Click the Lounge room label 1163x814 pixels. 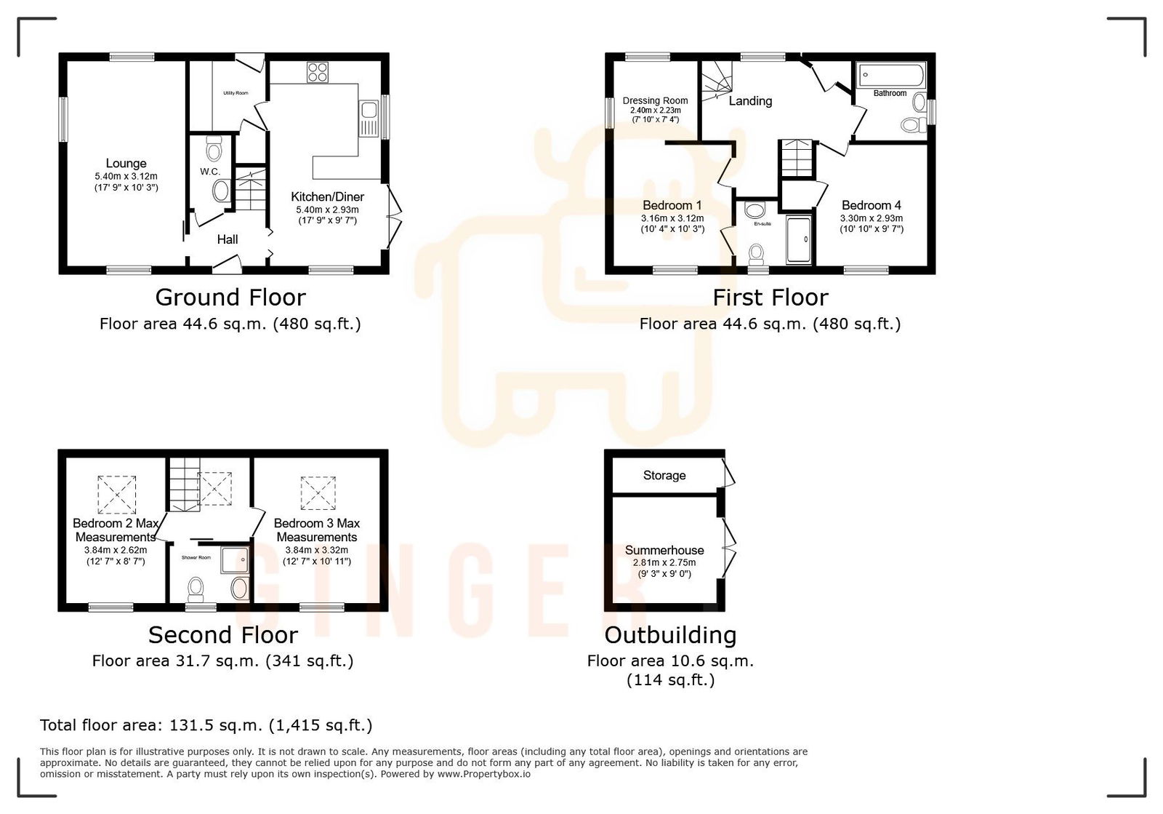(x=126, y=164)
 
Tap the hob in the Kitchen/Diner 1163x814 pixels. (x=318, y=72)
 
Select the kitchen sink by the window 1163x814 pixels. (x=369, y=111)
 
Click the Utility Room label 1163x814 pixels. (x=236, y=93)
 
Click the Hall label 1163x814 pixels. (x=228, y=239)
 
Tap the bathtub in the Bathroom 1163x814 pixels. (x=890, y=75)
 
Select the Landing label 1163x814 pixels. (x=750, y=101)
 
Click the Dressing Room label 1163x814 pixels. (x=655, y=101)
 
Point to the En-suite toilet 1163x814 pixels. (x=757, y=254)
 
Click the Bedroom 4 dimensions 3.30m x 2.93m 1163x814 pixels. (x=872, y=218)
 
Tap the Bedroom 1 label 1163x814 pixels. (x=672, y=205)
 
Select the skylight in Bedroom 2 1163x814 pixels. (x=116, y=495)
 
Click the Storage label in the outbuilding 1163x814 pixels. (x=664, y=475)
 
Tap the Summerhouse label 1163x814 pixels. (x=664, y=550)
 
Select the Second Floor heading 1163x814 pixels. (x=223, y=635)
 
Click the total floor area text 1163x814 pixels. (x=206, y=725)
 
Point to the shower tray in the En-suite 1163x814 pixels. (x=800, y=239)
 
